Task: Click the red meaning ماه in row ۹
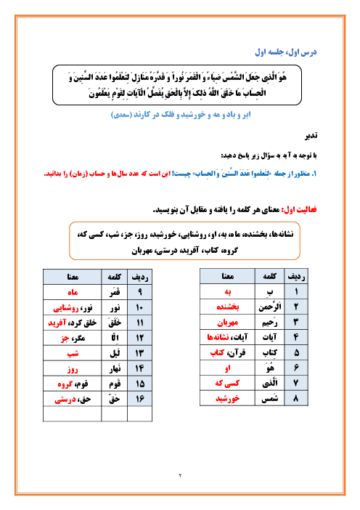(x=73, y=293)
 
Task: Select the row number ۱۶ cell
(x=138, y=399)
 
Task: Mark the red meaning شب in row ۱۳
(x=73, y=353)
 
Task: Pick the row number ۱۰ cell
(x=138, y=307)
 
